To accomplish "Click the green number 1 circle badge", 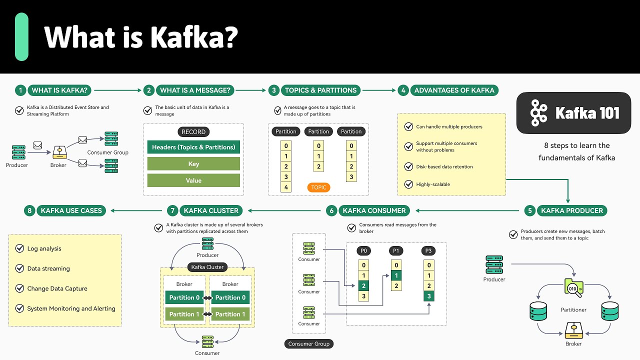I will pos(20,90).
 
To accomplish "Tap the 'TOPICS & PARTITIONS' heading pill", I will pos(320,90).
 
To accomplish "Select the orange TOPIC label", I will pos(318,187).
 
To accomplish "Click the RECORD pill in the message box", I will pos(193,132).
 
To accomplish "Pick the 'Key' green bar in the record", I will pos(193,164).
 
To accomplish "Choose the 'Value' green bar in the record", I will pos(193,180).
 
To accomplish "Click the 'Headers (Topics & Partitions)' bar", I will pos(193,147).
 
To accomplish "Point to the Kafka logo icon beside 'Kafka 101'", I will pos(538,112).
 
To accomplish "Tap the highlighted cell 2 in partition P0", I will pos(363,286).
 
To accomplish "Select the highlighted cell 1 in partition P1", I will pos(396,275).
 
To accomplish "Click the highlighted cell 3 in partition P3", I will pos(428,296).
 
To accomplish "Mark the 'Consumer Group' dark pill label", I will pos(308,344).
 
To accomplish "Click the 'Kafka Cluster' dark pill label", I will pos(207,267).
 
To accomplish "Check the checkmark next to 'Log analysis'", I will pos(19,248).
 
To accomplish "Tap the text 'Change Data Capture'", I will pos(57,288).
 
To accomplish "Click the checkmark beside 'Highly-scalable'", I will pos(408,184).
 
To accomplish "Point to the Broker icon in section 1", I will pos(59,151).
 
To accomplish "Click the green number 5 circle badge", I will pos(529,210).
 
